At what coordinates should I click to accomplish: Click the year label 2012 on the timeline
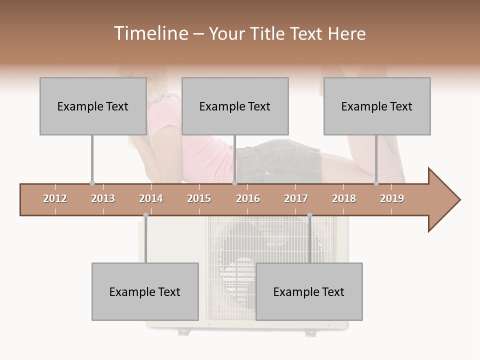pyautogui.click(x=55, y=198)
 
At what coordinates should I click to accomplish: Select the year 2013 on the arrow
pyautogui.click(x=103, y=198)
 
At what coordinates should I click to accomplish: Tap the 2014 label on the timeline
pyautogui.click(x=151, y=198)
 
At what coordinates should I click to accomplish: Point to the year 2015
pyautogui.click(x=199, y=198)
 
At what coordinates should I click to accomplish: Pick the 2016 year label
pyautogui.click(x=248, y=198)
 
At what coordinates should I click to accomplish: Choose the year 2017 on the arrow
pyautogui.click(x=296, y=198)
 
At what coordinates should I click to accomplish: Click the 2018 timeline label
pyautogui.click(x=344, y=198)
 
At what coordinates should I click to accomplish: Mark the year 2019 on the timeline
pyautogui.click(x=392, y=198)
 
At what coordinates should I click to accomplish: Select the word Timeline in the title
pyautogui.click(x=149, y=33)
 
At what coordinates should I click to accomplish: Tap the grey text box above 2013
pyautogui.click(x=93, y=106)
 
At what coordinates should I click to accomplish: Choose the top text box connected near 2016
pyautogui.click(x=235, y=106)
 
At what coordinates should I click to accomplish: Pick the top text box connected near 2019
pyautogui.click(x=377, y=106)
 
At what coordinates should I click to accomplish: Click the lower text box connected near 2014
pyautogui.click(x=145, y=291)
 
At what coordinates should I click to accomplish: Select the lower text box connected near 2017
pyautogui.click(x=309, y=291)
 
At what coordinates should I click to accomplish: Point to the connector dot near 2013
pyautogui.click(x=92, y=183)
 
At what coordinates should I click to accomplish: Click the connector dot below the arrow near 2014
pyautogui.click(x=145, y=215)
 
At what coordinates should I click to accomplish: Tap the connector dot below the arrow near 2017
pyautogui.click(x=309, y=215)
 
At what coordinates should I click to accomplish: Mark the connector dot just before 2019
pyautogui.click(x=376, y=183)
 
